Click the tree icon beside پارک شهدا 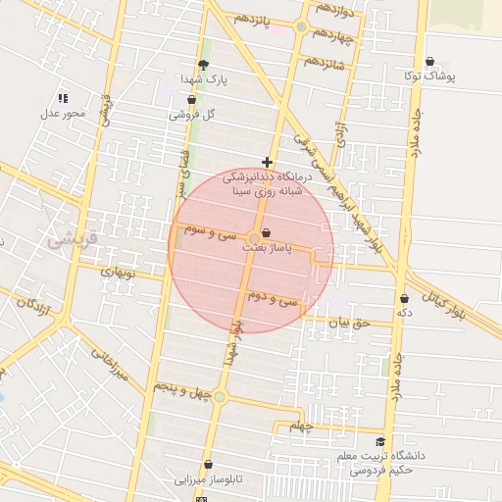coord(203,65)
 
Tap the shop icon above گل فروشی coord(190,100)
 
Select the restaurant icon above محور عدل coord(63,98)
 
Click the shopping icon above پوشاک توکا coord(429,61)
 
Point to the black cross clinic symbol coord(267,162)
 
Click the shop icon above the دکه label coord(403,298)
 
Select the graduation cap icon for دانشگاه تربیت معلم coord(380,442)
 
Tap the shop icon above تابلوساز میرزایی coord(208,465)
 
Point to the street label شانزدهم coord(325,62)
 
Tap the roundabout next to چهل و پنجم coord(220,396)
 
